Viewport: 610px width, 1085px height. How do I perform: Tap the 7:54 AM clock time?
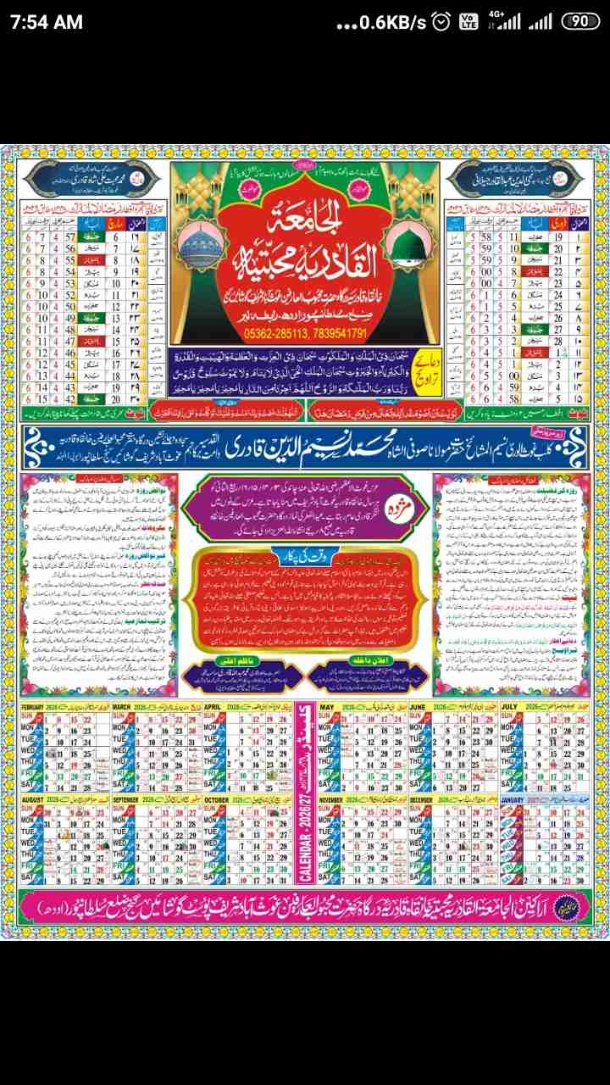pos(47,22)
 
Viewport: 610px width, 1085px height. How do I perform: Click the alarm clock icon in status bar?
pos(441,23)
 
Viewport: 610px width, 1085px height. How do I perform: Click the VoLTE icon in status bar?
pos(468,23)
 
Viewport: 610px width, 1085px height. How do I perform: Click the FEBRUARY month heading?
pos(39,705)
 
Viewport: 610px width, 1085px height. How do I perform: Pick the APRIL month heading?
pos(213,705)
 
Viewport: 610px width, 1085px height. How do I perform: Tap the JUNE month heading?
pos(419,705)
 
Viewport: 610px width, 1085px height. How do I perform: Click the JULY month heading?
pos(510,705)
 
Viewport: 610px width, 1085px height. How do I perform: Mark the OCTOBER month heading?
pos(217,799)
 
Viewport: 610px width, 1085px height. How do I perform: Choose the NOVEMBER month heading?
pos(338,799)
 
